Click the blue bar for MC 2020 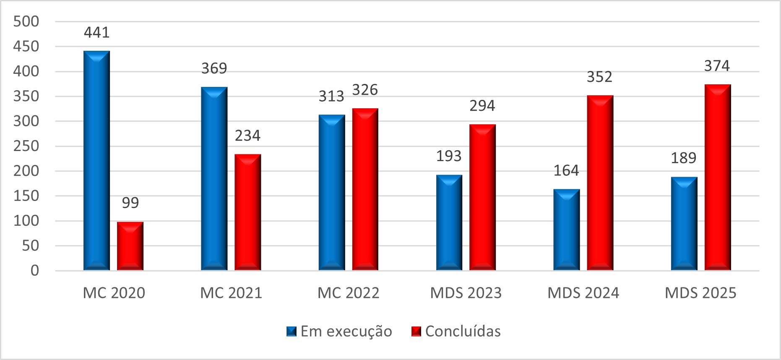[96, 161]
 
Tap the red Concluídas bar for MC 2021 [247, 212]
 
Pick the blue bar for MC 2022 [332, 193]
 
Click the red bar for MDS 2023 [482, 197]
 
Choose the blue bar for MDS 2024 [567, 230]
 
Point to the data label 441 [97, 33]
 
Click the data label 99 [130, 203]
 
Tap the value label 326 [365, 90]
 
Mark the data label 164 [566, 171]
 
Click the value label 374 [717, 66]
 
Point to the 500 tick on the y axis [26, 21]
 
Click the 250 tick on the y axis [26, 146]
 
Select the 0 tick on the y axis [35, 271]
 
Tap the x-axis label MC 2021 [231, 293]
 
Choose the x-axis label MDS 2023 [466, 293]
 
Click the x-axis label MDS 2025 [700, 293]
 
